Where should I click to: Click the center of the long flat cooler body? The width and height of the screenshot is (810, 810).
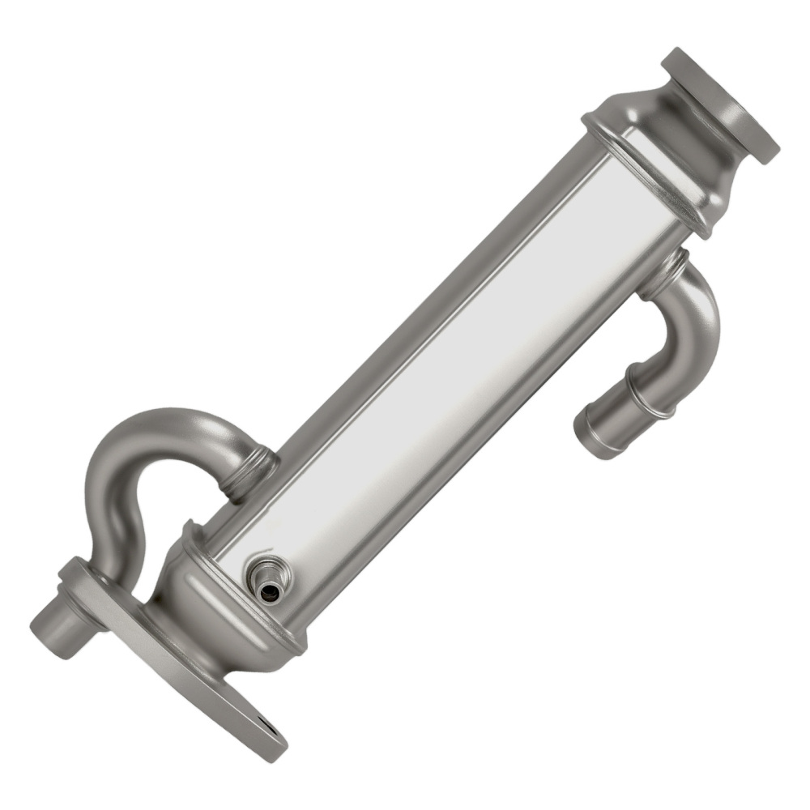(454, 356)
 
